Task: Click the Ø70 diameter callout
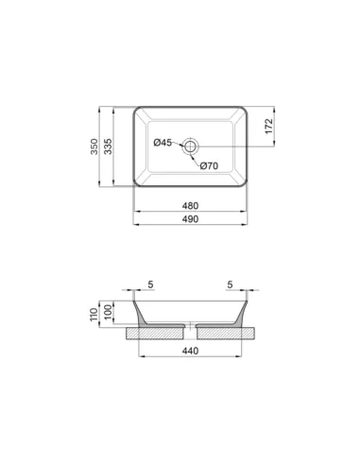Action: tap(210, 166)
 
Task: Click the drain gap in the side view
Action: tap(192, 331)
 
